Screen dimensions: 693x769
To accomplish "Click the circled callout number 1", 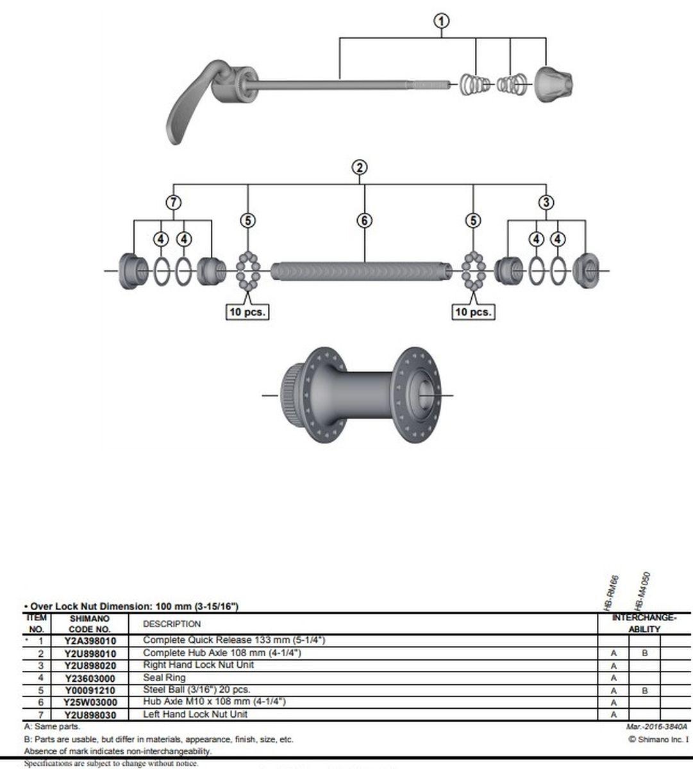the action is point(442,21).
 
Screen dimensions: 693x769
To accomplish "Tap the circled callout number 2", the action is point(360,167).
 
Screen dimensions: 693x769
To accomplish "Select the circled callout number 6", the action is point(364,220).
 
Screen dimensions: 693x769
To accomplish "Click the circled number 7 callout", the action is point(173,202).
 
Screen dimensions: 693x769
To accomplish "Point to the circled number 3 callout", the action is point(546,202).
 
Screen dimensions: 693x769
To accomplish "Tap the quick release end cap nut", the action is point(553,85).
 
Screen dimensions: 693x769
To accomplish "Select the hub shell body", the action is point(360,395).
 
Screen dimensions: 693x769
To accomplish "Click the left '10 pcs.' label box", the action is point(247,311).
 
